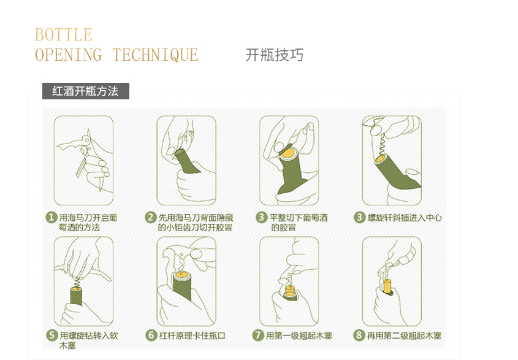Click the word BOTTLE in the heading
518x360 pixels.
click(63, 35)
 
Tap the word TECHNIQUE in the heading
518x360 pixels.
click(155, 55)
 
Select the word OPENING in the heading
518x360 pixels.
click(69, 55)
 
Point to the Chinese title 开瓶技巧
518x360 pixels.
click(274, 55)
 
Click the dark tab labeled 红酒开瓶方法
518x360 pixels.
click(86, 91)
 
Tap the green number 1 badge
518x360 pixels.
click(51, 218)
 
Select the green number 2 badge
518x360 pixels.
click(151, 218)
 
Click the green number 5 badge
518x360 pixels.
click(52, 335)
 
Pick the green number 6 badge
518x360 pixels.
click(151, 335)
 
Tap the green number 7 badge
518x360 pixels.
click(258, 335)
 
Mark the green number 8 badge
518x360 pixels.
click(359, 335)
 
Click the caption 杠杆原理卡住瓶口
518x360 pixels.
click(192, 335)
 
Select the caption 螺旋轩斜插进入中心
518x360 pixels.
click(405, 218)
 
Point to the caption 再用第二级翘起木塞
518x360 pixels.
click(405, 335)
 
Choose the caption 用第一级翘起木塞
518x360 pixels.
click(299, 335)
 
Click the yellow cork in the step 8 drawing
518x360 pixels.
click(387, 286)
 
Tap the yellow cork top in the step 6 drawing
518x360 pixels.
click(182, 274)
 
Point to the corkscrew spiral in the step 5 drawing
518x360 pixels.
click(77, 283)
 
